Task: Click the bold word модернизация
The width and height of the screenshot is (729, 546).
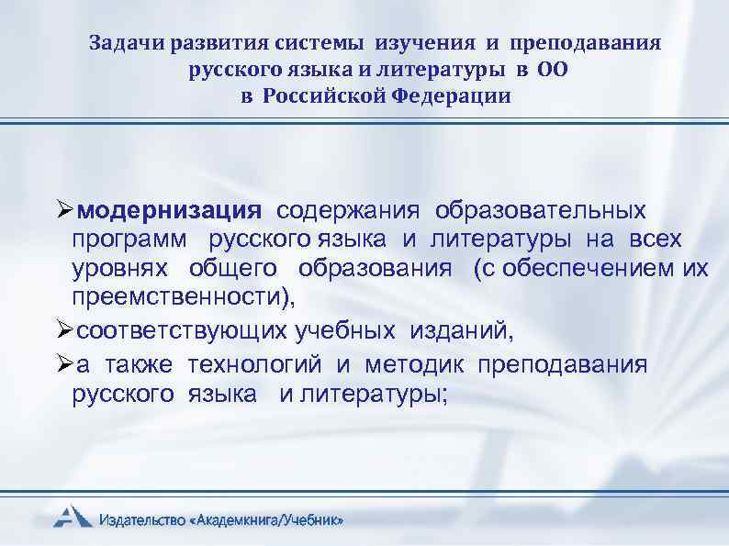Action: [x=170, y=211]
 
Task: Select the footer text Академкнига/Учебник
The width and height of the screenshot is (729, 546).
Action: [x=269, y=520]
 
